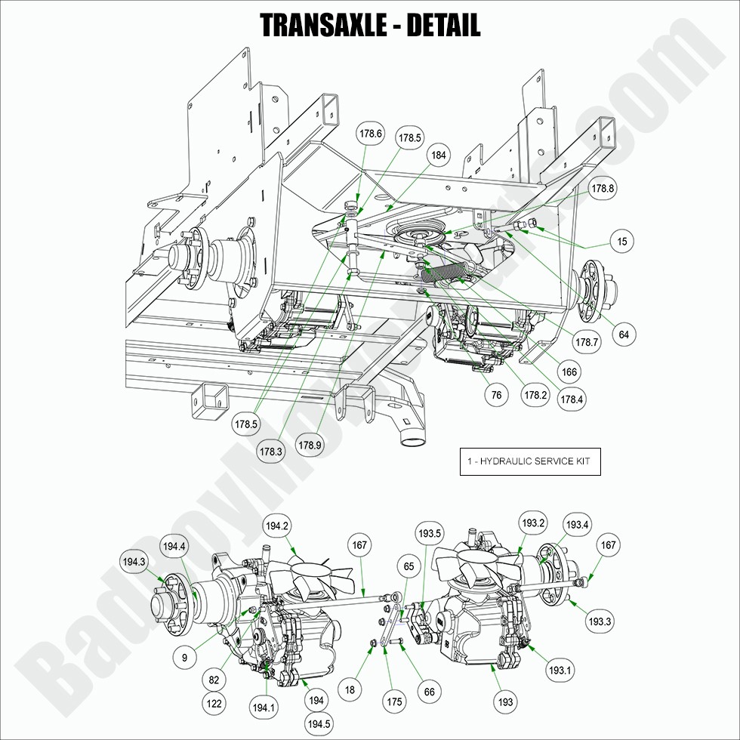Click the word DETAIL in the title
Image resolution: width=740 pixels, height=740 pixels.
(x=443, y=25)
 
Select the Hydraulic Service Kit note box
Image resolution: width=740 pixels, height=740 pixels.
(x=530, y=461)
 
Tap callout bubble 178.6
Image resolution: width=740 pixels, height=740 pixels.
(x=371, y=134)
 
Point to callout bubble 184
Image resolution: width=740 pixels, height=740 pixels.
(x=438, y=155)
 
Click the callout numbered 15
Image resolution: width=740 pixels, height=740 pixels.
(x=621, y=241)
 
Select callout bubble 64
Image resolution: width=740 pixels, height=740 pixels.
(x=624, y=333)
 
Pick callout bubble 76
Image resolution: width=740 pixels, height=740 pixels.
(x=496, y=395)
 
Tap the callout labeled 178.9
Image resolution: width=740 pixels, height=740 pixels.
(x=310, y=445)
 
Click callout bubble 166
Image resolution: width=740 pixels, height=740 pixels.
(x=569, y=372)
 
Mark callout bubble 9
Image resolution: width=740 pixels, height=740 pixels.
(x=184, y=658)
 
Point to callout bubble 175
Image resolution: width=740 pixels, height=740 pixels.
(x=395, y=701)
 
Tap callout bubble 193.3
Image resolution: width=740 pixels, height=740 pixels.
(x=599, y=621)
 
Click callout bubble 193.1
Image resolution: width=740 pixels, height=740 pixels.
(x=560, y=669)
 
